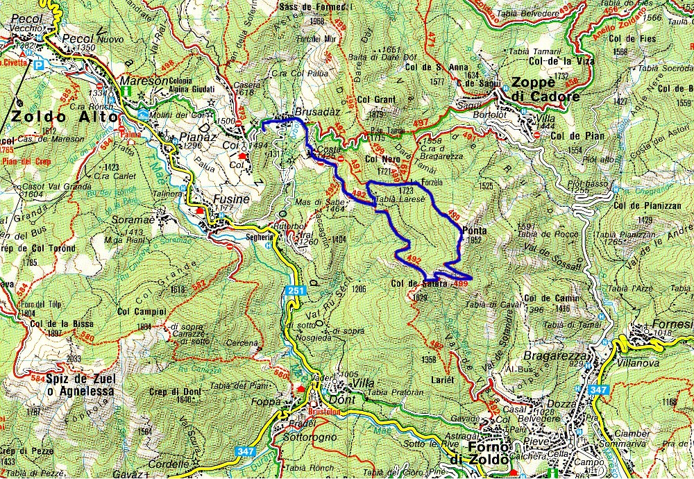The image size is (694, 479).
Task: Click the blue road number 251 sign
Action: click(294, 291)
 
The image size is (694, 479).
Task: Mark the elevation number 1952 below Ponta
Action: click(475, 240)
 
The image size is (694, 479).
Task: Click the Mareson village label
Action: click(145, 80)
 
